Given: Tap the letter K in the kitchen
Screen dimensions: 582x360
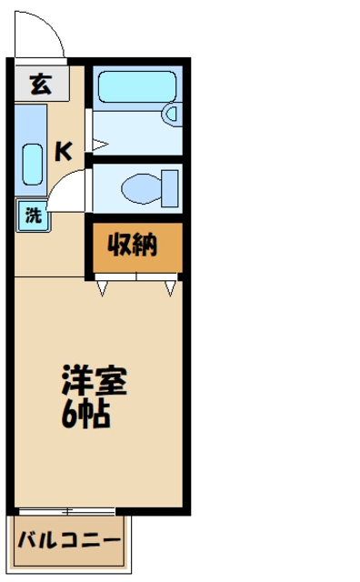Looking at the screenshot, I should coord(63,151).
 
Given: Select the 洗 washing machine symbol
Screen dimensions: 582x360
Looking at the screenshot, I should coord(33,216).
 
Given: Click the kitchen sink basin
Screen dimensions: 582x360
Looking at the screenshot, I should coord(32,163).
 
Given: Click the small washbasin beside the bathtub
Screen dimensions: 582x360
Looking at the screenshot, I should coord(170,114).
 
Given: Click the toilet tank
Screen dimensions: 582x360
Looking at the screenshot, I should coord(171,188).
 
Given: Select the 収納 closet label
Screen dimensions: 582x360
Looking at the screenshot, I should coord(134,245).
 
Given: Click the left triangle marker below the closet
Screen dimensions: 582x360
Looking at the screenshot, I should coord(104,289).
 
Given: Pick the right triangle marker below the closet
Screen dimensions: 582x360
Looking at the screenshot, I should coord(170,289).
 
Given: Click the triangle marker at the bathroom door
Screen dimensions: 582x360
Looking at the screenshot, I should coord(101,144).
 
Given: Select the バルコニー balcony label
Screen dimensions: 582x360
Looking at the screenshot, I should coord(69,542).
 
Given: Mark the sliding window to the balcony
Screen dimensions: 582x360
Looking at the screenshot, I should coord(66,512).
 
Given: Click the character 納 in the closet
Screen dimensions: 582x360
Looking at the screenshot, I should coord(146,245).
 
